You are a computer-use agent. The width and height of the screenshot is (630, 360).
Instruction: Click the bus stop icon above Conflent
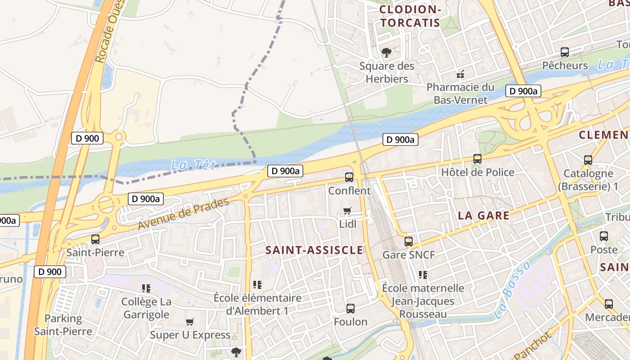pos(349,177)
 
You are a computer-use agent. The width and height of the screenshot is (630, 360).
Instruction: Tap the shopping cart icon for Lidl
pos(347,211)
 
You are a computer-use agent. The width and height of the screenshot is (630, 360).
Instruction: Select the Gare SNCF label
pos(409,255)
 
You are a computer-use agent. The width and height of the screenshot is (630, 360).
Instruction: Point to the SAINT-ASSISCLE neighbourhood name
pos(314,250)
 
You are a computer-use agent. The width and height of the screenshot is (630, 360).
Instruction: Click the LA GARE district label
pos(484,216)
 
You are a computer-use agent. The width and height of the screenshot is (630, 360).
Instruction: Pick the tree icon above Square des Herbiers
pos(386,53)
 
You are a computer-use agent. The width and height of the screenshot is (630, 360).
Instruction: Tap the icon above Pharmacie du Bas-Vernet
pos(460,74)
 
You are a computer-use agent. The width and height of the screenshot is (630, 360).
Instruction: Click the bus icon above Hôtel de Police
pos(477,159)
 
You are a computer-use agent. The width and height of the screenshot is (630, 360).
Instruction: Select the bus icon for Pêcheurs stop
pos(565,52)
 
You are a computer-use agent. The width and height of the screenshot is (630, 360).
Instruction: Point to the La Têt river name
pos(193,166)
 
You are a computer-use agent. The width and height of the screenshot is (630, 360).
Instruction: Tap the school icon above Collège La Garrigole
pos(146,288)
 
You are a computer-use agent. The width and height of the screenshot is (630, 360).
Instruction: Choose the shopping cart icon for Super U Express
pos(190,322)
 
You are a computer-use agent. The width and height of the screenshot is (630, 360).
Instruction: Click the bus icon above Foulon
pos(351,309)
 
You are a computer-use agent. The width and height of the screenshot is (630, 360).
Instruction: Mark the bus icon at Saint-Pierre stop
pos(95,239)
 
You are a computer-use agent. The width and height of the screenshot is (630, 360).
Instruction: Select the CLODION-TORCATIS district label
pos(409,16)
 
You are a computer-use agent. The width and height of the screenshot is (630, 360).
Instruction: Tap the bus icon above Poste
pos(604,236)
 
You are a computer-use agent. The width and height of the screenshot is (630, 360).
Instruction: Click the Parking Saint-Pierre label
pos(63,325)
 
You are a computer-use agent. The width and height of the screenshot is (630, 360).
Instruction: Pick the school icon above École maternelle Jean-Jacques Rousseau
pos(423,274)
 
